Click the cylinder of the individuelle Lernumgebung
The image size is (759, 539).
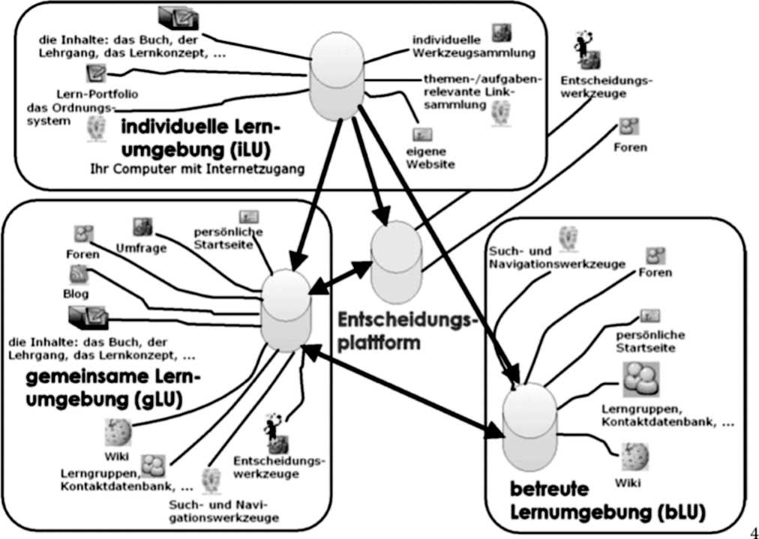coord(337,76)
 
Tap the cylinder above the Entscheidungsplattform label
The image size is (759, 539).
coord(395,262)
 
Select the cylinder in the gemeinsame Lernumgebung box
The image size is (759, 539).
coord(286,310)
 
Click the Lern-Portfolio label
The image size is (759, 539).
coord(97,94)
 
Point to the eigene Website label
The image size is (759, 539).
coord(430,157)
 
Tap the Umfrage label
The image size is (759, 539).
coord(141,248)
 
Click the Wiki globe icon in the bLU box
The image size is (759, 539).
coord(634,457)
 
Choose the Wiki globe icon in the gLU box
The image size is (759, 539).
coord(118,432)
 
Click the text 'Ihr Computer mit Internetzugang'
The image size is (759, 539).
coord(197,169)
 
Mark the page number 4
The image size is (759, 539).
coord(754,528)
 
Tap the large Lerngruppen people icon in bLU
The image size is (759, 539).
coord(640,379)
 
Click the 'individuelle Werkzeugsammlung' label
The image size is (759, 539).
coord(473,46)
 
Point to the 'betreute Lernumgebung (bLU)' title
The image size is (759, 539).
coord(607,500)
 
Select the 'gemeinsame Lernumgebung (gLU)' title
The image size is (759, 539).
coord(112,388)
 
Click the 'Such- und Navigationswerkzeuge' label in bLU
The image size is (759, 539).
coord(557,258)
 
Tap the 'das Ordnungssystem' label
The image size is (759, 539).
coord(73,114)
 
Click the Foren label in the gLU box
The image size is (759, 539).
coord(82,253)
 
